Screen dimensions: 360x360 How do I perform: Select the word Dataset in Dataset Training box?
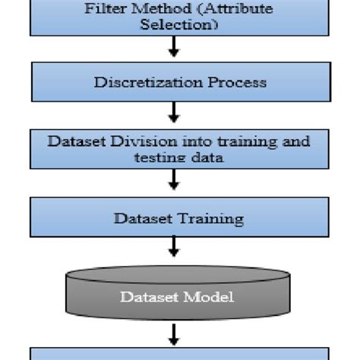pyautogui.click(x=142, y=219)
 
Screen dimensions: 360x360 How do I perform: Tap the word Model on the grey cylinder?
pyautogui.click(x=208, y=297)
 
